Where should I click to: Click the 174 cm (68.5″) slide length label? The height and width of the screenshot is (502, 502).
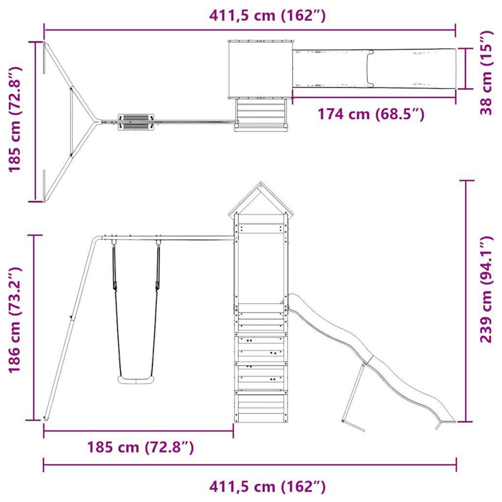click(x=371, y=114)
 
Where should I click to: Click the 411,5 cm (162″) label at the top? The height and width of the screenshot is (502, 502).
click(x=267, y=16)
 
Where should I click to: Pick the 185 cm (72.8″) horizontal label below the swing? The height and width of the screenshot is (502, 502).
click(x=140, y=447)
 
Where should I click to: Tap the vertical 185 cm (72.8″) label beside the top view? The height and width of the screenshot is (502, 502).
click(x=14, y=119)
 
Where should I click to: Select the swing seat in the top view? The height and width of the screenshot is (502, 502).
click(x=136, y=121)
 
